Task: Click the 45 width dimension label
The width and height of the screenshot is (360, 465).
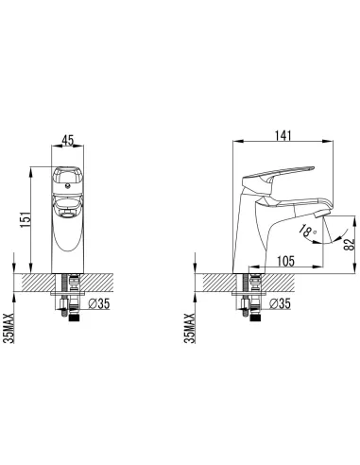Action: tap(67, 140)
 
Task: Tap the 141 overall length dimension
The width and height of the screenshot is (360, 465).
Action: tap(283, 135)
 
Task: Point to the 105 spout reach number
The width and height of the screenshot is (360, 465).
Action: tap(286, 261)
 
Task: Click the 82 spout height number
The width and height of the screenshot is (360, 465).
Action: tap(350, 244)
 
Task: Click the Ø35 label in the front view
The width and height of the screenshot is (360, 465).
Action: tap(99, 303)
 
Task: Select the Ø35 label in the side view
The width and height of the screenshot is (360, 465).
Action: tap(280, 303)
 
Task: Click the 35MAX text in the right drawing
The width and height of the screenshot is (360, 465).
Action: tap(191, 328)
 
